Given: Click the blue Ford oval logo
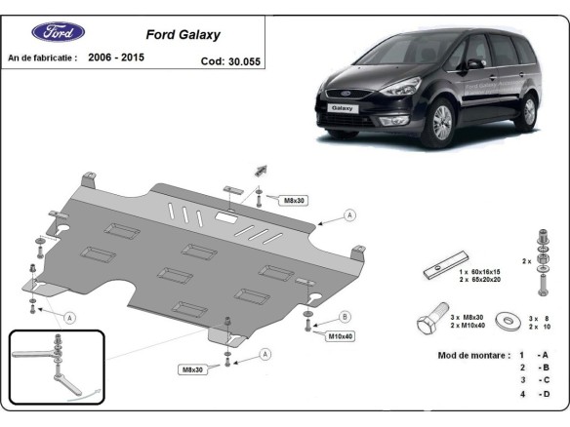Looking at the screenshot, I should [x=58, y=32].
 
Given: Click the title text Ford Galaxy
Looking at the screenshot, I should [x=183, y=34].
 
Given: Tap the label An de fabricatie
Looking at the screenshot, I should [x=42, y=58].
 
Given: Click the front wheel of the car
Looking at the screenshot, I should [x=444, y=124].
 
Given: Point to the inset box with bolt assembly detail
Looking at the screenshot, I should [x=56, y=367].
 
